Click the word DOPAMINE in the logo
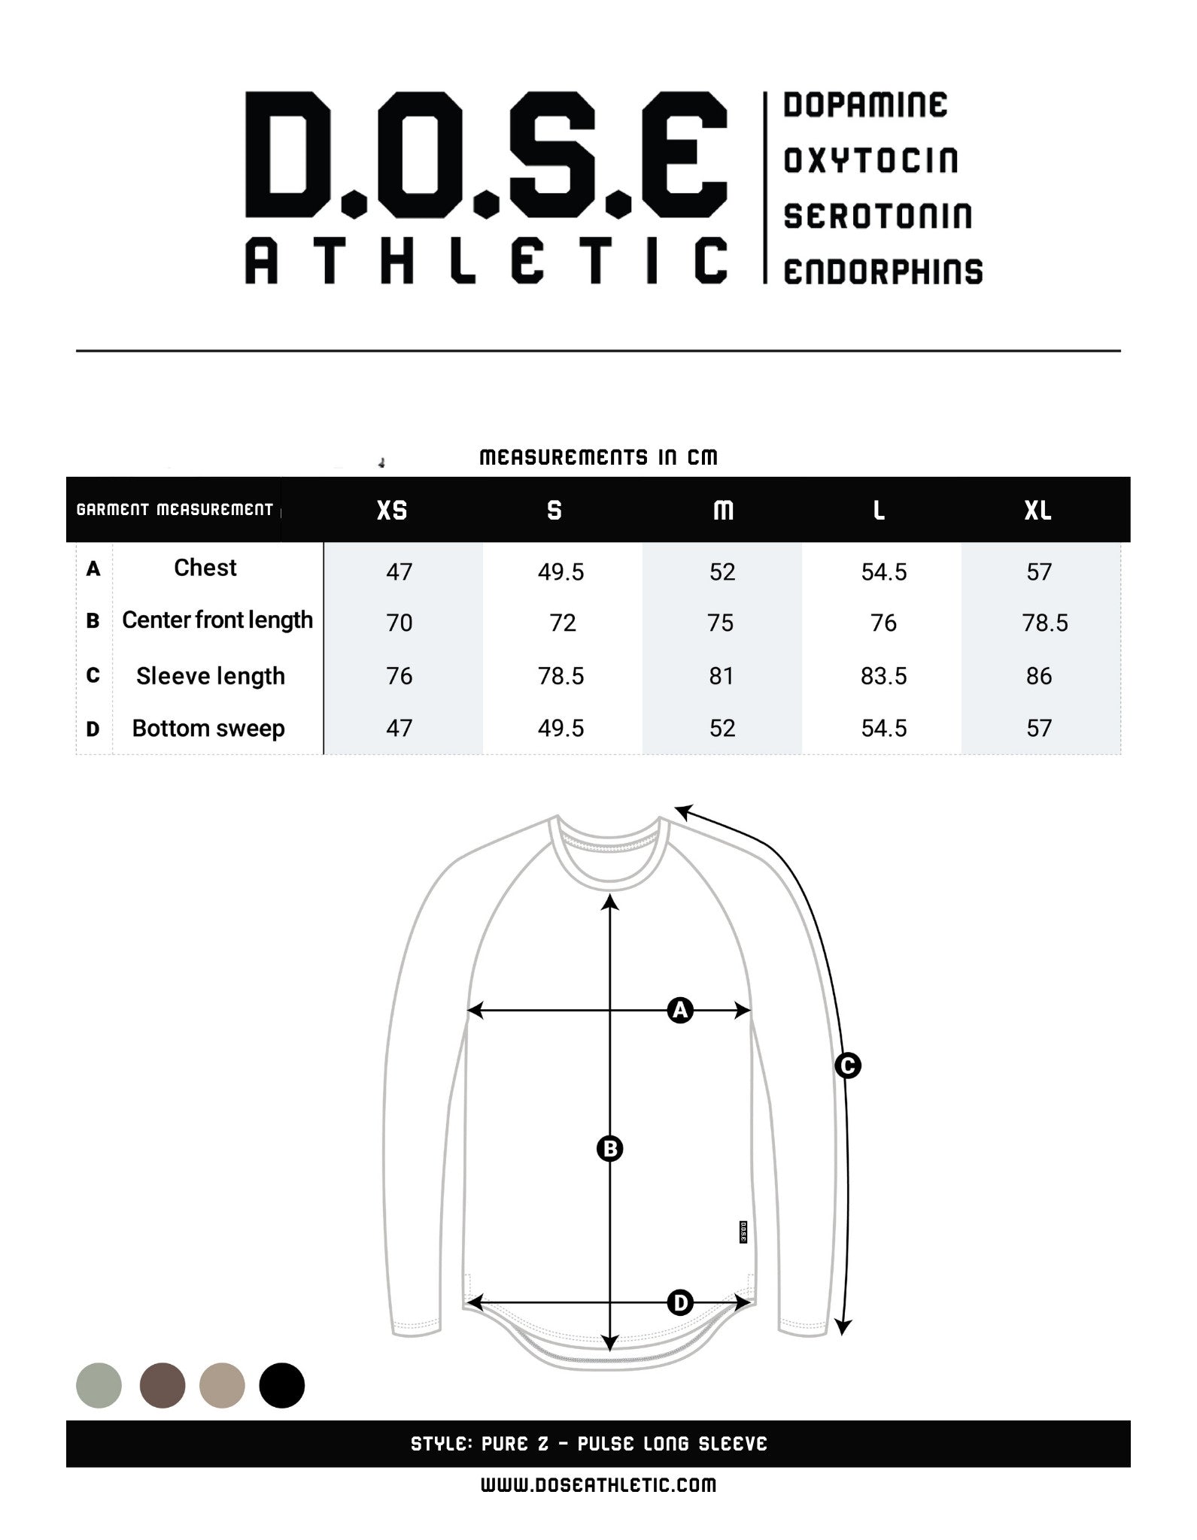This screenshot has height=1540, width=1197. (864, 105)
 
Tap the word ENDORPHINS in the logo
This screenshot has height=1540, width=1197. (883, 272)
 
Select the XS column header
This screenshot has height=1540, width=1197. (392, 511)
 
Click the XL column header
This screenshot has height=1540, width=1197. (1038, 511)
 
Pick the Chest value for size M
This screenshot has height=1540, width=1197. (722, 572)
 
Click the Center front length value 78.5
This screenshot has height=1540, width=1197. (1044, 623)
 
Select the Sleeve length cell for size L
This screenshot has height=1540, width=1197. (883, 676)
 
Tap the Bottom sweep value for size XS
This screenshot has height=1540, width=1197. (399, 728)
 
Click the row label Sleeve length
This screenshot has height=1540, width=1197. (211, 676)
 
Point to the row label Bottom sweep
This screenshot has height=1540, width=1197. (208, 728)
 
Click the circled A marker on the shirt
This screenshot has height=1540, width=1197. (680, 1011)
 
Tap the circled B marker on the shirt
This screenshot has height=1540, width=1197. (609, 1148)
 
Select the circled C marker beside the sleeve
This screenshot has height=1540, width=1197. (847, 1066)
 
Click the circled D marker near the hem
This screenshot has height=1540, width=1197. (680, 1302)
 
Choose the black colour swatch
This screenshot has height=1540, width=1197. (281, 1385)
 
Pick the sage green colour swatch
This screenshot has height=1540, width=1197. (99, 1385)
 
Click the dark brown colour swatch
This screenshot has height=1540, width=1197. (163, 1385)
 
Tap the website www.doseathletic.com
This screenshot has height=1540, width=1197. (598, 1485)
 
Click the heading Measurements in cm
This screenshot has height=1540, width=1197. (598, 457)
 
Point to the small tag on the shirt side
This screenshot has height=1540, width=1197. (743, 1232)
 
